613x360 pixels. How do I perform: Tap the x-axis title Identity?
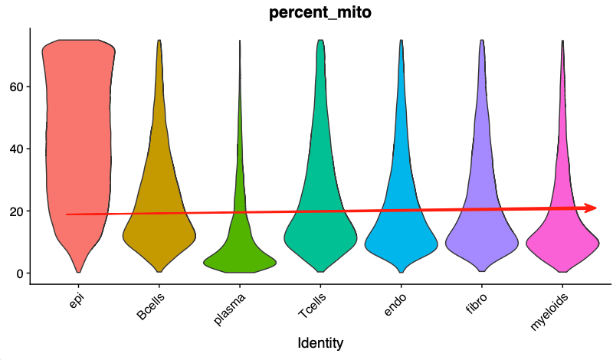(x=320, y=342)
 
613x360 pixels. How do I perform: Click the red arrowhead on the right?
(x=592, y=208)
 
